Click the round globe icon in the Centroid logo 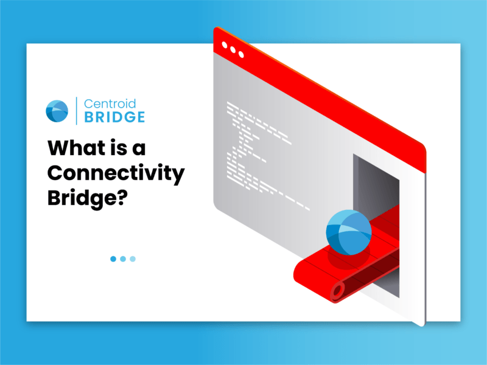coord(57,110)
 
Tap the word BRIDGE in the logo coord(114,117)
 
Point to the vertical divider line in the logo coord(76,110)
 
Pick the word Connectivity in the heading coord(116,174)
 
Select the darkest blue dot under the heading coord(113,259)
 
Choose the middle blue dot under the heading coord(123,259)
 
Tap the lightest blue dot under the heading coord(133,259)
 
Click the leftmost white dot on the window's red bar coord(225,46)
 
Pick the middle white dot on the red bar coord(233,50)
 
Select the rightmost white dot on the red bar coord(241,55)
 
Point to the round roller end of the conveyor coord(336,291)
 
